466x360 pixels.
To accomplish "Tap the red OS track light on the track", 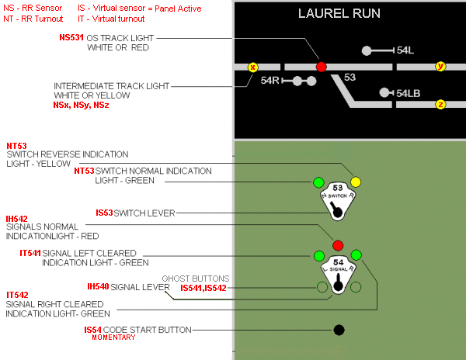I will tap(322, 67).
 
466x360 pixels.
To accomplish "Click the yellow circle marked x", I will tap(252, 67).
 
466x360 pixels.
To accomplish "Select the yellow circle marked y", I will tap(440, 67).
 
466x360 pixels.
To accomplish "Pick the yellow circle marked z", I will tap(440, 104).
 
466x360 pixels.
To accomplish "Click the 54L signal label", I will tap(405, 50).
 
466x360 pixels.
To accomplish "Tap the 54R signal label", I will tap(270, 81).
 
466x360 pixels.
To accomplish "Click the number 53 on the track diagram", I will tap(349, 78).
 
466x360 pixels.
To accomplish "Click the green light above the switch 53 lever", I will tap(318, 182).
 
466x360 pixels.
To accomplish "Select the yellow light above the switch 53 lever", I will tap(356, 182).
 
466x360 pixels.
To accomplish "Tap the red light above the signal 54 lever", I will tap(338, 246).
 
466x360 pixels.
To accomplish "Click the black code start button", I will tap(339, 330).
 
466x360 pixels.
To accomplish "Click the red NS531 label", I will tap(72, 37).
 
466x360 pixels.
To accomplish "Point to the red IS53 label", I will tap(103, 213).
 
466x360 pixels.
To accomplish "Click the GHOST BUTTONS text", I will tap(196, 278).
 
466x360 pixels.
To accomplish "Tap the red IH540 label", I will tap(98, 287).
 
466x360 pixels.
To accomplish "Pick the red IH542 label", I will tap(17, 219).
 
